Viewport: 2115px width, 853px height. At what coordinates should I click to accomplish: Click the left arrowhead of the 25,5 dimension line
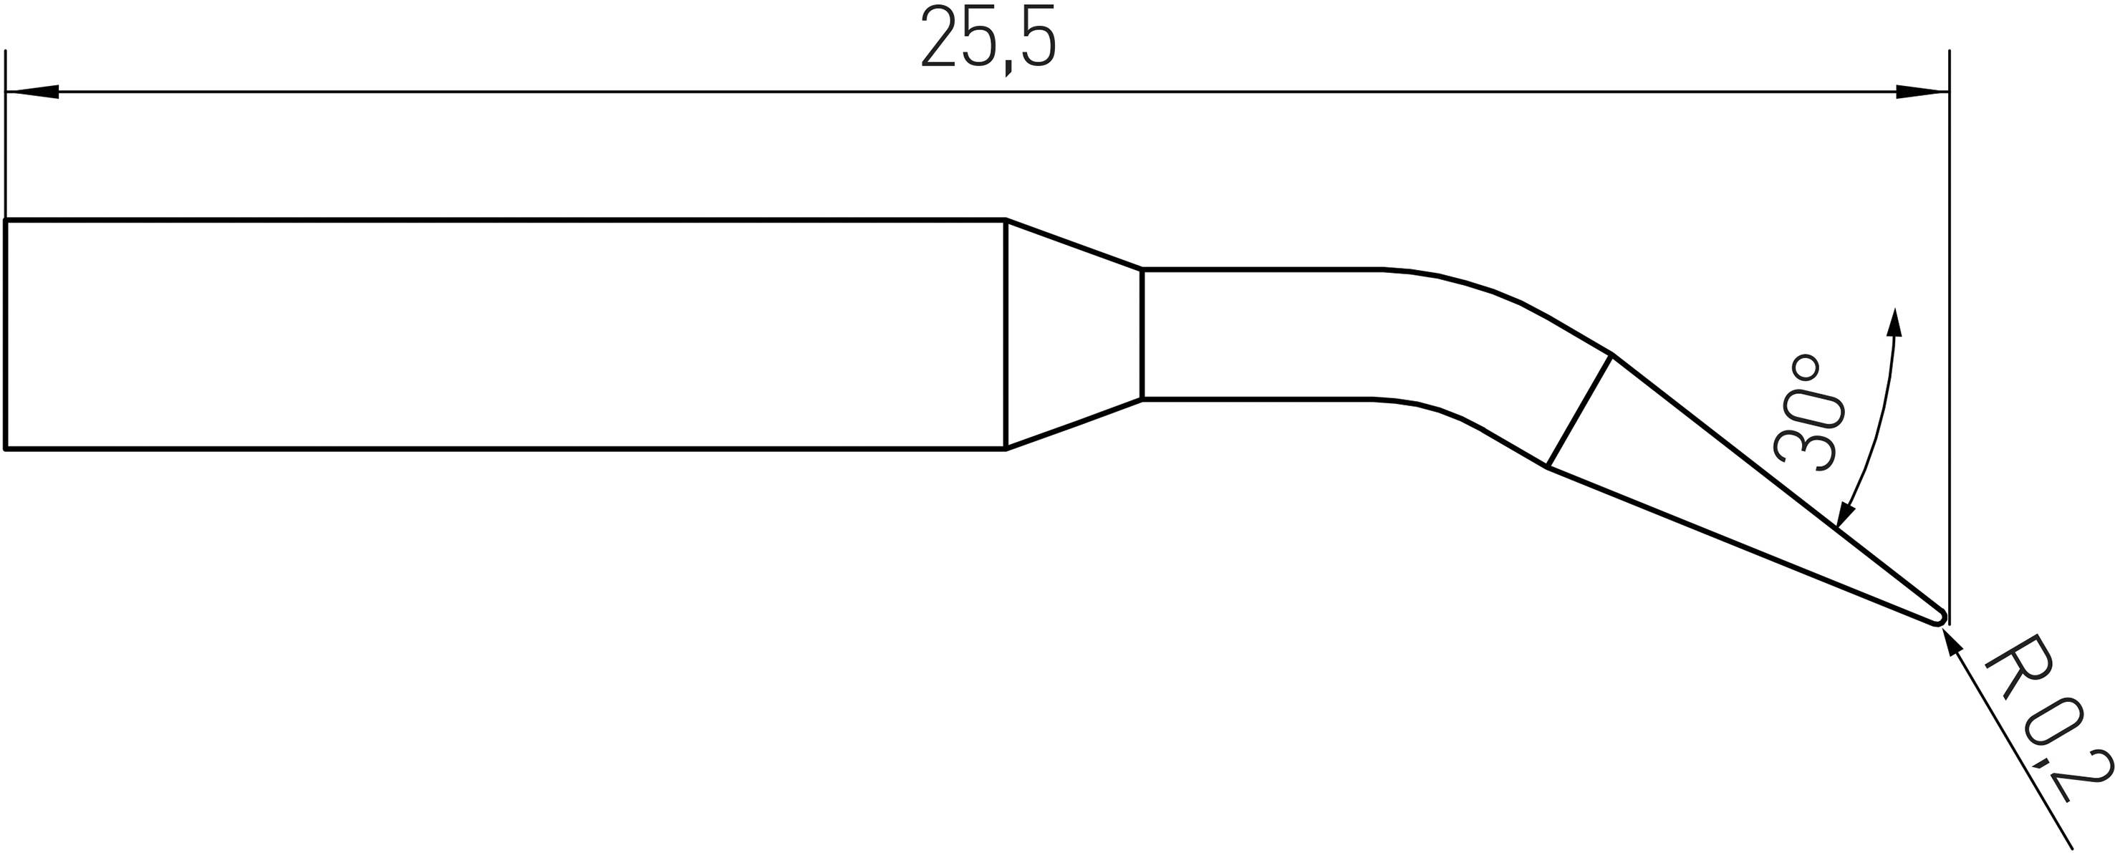[33, 92]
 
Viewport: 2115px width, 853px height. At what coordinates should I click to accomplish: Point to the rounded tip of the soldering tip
[1940, 617]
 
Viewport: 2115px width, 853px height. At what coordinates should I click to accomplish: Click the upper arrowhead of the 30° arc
[1895, 322]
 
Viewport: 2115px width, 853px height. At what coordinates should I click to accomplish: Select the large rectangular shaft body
[505, 335]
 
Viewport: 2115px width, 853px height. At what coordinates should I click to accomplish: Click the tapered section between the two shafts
[1074, 335]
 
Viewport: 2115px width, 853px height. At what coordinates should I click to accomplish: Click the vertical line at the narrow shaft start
[1142, 334]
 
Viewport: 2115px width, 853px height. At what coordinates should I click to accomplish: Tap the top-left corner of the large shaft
[6, 221]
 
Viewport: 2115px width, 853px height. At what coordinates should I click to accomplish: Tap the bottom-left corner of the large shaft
[6, 449]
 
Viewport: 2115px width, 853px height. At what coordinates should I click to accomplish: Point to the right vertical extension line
[1949, 329]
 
